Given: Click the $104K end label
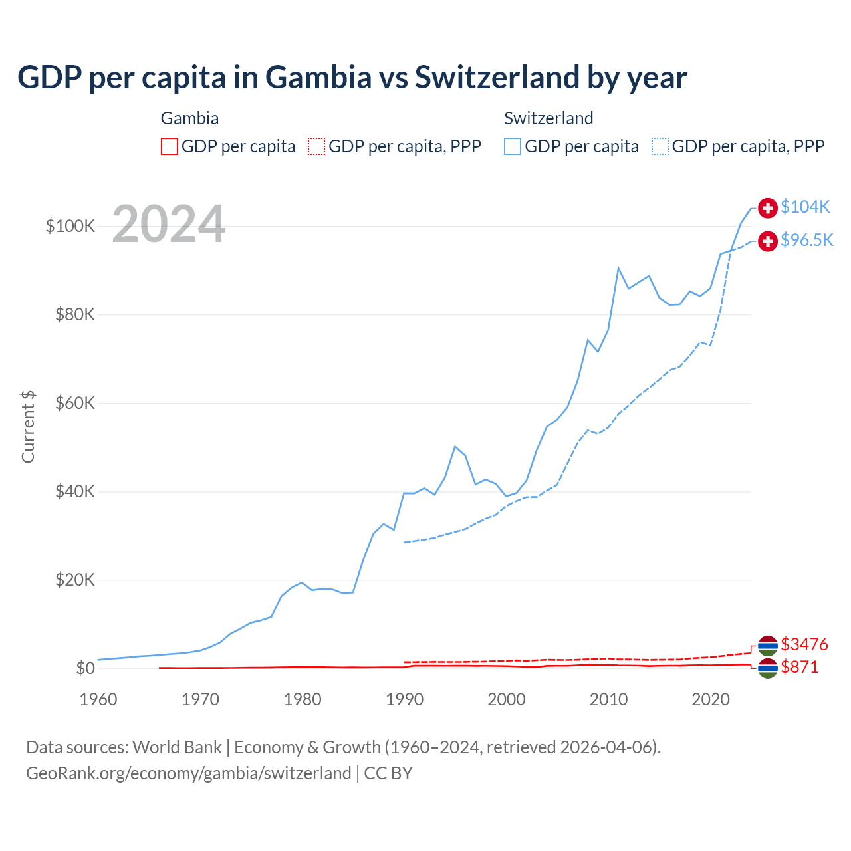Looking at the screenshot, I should [x=805, y=207].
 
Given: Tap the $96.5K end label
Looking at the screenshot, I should [x=806, y=241].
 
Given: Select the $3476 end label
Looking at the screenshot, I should [x=804, y=644].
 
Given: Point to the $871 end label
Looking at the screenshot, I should [x=800, y=667].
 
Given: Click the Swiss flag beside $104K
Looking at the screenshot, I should [x=768, y=208].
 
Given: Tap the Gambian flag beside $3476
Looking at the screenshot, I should [x=768, y=645].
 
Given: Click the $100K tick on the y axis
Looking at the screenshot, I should [x=70, y=226].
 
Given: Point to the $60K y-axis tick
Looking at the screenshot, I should [x=75, y=403].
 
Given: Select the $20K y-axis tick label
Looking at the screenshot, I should [x=75, y=580].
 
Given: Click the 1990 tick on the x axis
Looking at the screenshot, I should [x=404, y=699].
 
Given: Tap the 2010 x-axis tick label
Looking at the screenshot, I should [x=608, y=699].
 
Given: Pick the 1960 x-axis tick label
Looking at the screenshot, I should [x=98, y=699].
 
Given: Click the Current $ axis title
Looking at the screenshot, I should [x=28, y=427].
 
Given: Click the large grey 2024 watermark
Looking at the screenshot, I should [x=169, y=224].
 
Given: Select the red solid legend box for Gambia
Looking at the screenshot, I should [x=170, y=146].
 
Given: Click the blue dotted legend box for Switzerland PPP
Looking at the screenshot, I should [x=660, y=146].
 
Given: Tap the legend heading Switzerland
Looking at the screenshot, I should [x=548, y=118].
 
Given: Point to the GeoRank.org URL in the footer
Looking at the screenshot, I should [x=188, y=773].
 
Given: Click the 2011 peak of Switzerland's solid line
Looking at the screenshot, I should [x=618, y=268].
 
